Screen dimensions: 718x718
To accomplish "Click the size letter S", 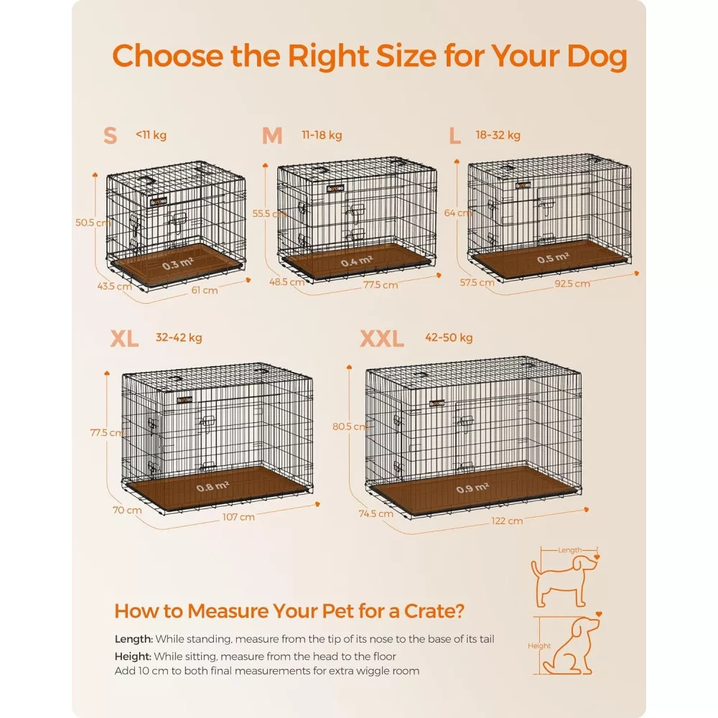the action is (110, 136).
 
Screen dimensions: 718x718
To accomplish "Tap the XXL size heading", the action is (381, 339).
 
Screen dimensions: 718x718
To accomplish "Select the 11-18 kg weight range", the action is (322, 135).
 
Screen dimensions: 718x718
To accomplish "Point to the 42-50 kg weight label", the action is (449, 337).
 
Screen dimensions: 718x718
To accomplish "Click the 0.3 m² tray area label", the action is (177, 264).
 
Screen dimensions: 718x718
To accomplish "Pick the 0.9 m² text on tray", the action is (472, 488).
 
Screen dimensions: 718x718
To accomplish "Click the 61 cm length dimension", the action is (204, 290).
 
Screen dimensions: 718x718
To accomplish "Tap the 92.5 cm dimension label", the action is (572, 284).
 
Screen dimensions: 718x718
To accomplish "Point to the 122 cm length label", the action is (507, 521).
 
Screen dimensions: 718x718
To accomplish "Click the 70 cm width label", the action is (127, 510).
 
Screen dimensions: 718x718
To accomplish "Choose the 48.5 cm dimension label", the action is (287, 282).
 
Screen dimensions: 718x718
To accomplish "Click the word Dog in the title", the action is (597, 57).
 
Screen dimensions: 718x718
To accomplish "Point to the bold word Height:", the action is (133, 656).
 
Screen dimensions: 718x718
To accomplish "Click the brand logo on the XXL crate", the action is (437, 404).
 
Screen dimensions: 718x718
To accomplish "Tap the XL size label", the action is (124, 339).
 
